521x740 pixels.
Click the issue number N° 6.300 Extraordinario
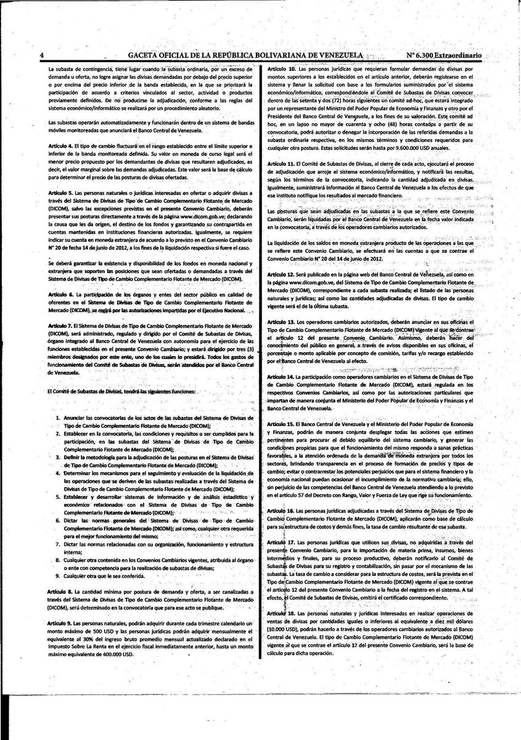(x=443, y=55)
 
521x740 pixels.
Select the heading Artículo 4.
(x=60, y=143)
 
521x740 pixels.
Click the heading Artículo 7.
(x=60, y=324)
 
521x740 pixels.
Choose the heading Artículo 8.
(x=60, y=591)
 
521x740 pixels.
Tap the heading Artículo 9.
(x=60, y=624)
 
